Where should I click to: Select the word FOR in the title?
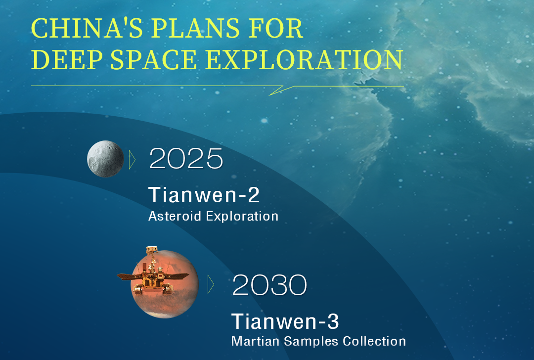(x=275, y=28)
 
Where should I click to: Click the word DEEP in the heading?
(x=66, y=60)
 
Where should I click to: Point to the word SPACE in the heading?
(x=154, y=60)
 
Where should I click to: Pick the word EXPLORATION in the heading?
(x=305, y=60)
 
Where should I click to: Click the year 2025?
(x=186, y=159)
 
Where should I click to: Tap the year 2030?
(x=269, y=285)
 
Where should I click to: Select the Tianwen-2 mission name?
(x=204, y=195)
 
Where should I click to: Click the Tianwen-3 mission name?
(x=285, y=321)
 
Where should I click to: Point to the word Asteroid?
(x=175, y=216)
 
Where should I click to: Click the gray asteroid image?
(x=106, y=159)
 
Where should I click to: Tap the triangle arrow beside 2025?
(x=132, y=160)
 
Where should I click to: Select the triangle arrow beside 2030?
(x=211, y=284)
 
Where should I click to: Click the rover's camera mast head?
(x=152, y=251)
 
